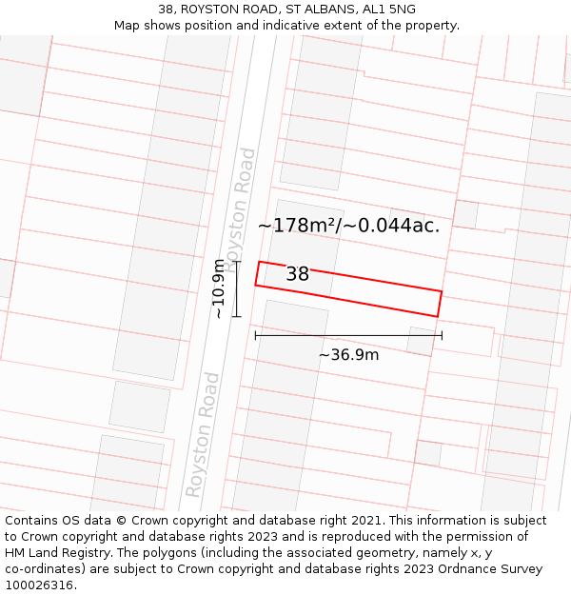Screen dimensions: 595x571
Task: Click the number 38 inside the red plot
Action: [x=297, y=274]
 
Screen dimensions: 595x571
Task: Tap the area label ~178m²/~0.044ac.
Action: [x=348, y=226]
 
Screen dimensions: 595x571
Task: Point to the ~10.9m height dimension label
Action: [x=219, y=288]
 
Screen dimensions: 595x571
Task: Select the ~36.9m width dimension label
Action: [x=348, y=355]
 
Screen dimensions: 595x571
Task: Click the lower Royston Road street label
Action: [x=203, y=434]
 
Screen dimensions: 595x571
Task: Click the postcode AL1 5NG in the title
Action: [x=389, y=10]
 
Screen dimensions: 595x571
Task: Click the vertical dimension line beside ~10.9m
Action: [x=237, y=288]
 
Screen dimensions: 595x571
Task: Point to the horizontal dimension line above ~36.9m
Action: [x=348, y=335]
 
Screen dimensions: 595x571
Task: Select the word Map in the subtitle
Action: [x=128, y=26]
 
